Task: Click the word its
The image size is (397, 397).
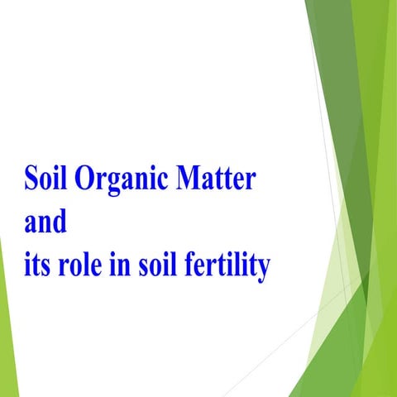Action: point(37,268)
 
